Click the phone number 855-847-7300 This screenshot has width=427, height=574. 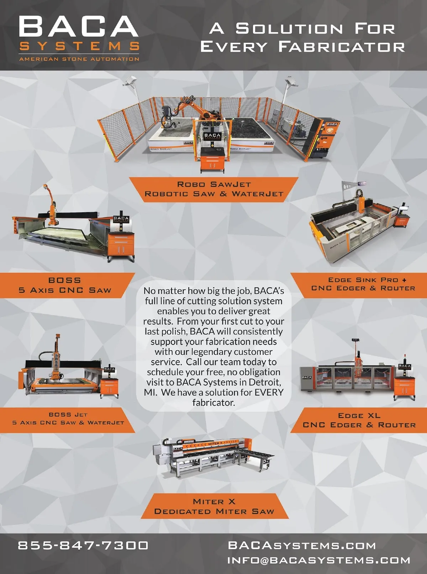[83, 545]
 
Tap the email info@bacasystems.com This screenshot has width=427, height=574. [319, 560]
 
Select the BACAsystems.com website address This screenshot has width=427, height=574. [302, 545]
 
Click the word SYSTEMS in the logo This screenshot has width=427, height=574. [79, 46]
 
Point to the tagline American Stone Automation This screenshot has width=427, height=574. [79, 59]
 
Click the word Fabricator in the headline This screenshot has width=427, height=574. [342, 47]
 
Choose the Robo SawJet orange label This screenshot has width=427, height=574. [214, 189]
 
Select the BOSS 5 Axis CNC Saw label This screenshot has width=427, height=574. [65, 285]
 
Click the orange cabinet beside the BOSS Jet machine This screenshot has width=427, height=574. [109, 388]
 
